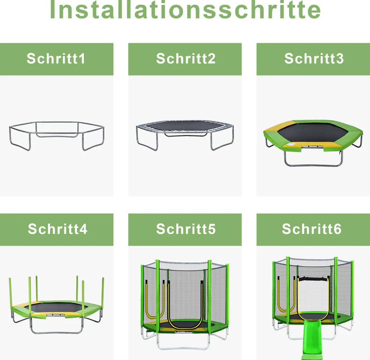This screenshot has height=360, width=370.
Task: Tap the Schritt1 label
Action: click(56, 58)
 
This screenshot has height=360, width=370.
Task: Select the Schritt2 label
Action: click(186, 58)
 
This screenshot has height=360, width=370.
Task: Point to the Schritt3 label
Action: click(314, 58)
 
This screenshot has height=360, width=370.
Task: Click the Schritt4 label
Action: click(57, 229)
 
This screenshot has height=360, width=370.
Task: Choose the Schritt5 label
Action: click(186, 229)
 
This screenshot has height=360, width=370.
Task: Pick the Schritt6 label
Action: click(312, 229)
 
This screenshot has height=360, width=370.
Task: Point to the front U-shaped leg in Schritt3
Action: click(313, 165)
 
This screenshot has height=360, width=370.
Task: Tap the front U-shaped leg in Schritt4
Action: click(57, 333)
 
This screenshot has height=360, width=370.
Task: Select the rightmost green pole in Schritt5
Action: click(227, 294)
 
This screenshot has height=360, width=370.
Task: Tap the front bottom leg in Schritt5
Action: click(183, 349)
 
